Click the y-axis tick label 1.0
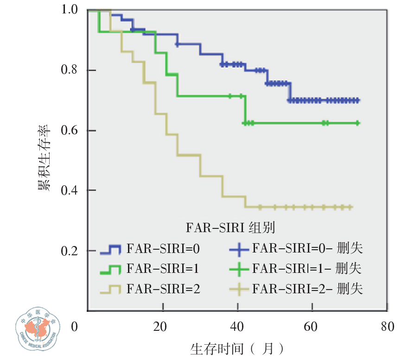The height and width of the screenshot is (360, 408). pyautogui.click(x=70, y=10)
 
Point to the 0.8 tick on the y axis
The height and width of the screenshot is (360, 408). pyautogui.click(x=70, y=70)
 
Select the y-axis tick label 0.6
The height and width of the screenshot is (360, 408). pyautogui.click(x=70, y=131)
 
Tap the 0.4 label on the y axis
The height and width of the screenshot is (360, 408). pyautogui.click(x=70, y=190)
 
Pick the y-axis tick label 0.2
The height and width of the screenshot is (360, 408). pyautogui.click(x=70, y=251)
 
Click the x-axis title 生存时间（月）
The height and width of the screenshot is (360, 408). pyautogui.click(x=236, y=347)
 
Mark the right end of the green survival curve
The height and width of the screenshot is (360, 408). pyautogui.click(x=358, y=123)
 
